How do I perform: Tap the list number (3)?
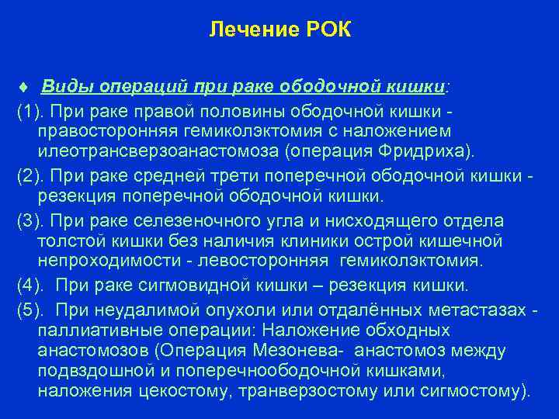click(x=33, y=221)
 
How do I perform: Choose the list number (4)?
click(x=33, y=286)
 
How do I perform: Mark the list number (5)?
click(x=33, y=310)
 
